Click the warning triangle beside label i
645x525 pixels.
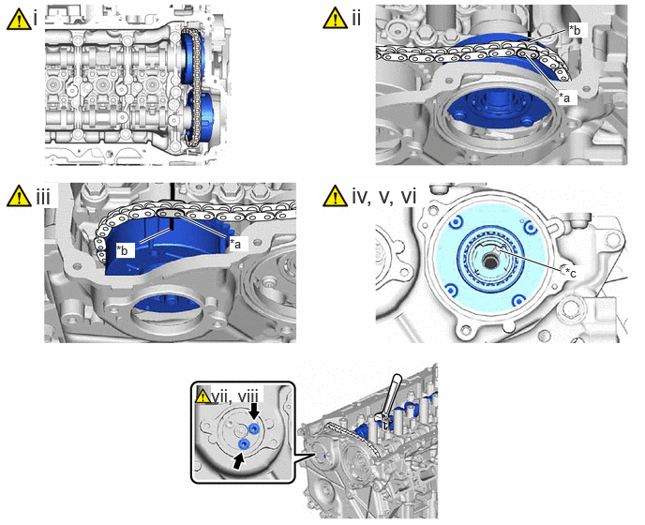click(19, 19)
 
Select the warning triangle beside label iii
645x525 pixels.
click(19, 195)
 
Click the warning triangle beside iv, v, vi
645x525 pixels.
click(336, 195)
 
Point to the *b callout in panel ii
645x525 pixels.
click(575, 30)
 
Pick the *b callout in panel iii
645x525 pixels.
click(123, 249)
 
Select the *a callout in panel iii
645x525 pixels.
click(235, 244)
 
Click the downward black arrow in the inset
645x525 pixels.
click(255, 411)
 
